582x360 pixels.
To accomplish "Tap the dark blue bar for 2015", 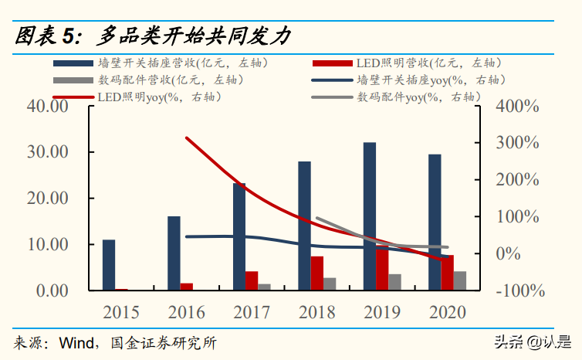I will tap(109, 265).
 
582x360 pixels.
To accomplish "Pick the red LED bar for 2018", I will tap(316, 273).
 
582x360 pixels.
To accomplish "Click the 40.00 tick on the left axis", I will tap(48, 106).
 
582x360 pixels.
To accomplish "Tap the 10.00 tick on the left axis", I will tap(48, 244).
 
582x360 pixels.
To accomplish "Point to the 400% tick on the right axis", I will tap(517, 106).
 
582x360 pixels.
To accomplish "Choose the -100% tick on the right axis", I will tap(518, 290).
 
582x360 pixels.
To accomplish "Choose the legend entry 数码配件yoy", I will tap(416, 97).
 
